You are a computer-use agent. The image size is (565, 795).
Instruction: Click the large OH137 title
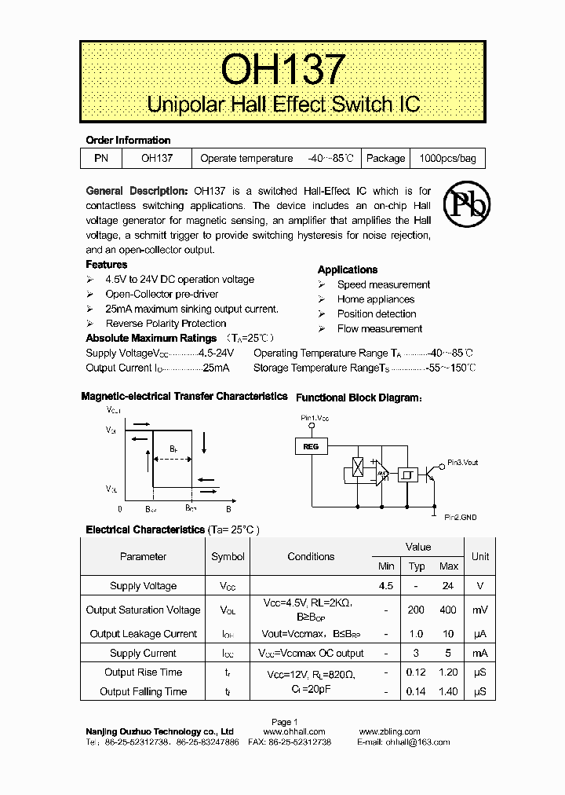pyautogui.click(x=282, y=69)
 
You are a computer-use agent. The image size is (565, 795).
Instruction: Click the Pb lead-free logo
pyautogui.click(x=467, y=205)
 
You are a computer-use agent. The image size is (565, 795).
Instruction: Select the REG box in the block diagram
pyautogui.click(x=311, y=446)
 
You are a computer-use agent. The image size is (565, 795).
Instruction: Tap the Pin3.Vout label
pyautogui.click(x=462, y=463)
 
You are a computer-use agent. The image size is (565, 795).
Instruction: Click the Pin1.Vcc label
pyautogui.click(x=315, y=418)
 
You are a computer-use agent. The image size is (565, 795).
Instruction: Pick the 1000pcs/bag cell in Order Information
pyautogui.click(x=447, y=159)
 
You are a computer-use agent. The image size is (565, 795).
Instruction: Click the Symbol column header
pyautogui.click(x=228, y=557)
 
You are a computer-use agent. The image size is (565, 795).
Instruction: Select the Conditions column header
pyautogui.click(x=311, y=557)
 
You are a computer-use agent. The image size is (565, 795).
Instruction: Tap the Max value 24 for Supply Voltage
pyautogui.click(x=449, y=586)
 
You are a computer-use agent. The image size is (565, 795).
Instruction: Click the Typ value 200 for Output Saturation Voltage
pyautogui.click(x=417, y=610)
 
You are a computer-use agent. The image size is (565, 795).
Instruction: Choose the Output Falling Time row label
pyautogui.click(x=143, y=692)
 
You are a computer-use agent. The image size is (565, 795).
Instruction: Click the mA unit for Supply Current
pyautogui.click(x=480, y=654)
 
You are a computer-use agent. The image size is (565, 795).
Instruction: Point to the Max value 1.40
pyautogui.click(x=449, y=692)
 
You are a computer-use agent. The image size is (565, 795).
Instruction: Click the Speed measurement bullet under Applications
pyautogui.click(x=383, y=285)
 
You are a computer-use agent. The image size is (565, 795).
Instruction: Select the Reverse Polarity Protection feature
pyautogui.click(x=166, y=324)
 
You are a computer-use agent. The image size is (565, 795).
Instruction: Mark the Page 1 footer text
pyautogui.click(x=284, y=722)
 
